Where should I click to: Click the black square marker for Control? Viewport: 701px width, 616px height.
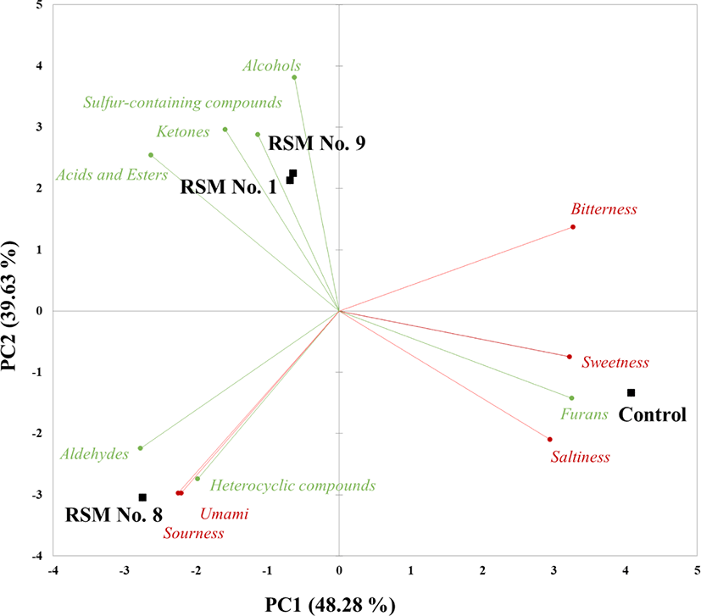[x=631, y=392]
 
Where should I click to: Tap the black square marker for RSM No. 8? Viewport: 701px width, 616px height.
[x=142, y=497]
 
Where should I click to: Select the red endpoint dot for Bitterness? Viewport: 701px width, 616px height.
[x=573, y=227]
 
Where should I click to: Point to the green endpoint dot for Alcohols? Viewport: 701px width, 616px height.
[x=294, y=78]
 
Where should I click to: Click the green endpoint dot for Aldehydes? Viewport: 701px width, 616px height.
[x=140, y=448]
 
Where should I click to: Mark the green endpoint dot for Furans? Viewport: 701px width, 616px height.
[x=572, y=398]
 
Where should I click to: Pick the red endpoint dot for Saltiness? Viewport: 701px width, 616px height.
[x=550, y=439]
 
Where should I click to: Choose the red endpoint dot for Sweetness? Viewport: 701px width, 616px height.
[x=570, y=357]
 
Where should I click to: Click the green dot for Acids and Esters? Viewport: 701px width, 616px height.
[x=151, y=155]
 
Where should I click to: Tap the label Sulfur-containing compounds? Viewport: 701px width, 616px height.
[x=182, y=103]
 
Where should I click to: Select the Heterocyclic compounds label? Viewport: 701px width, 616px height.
[x=292, y=486]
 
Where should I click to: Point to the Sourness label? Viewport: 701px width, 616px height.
[x=194, y=533]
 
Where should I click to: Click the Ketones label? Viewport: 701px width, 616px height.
[x=182, y=132]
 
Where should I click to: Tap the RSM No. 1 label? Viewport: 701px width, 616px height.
[x=228, y=187]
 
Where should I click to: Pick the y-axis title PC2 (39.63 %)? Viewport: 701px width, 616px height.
[x=12, y=308]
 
